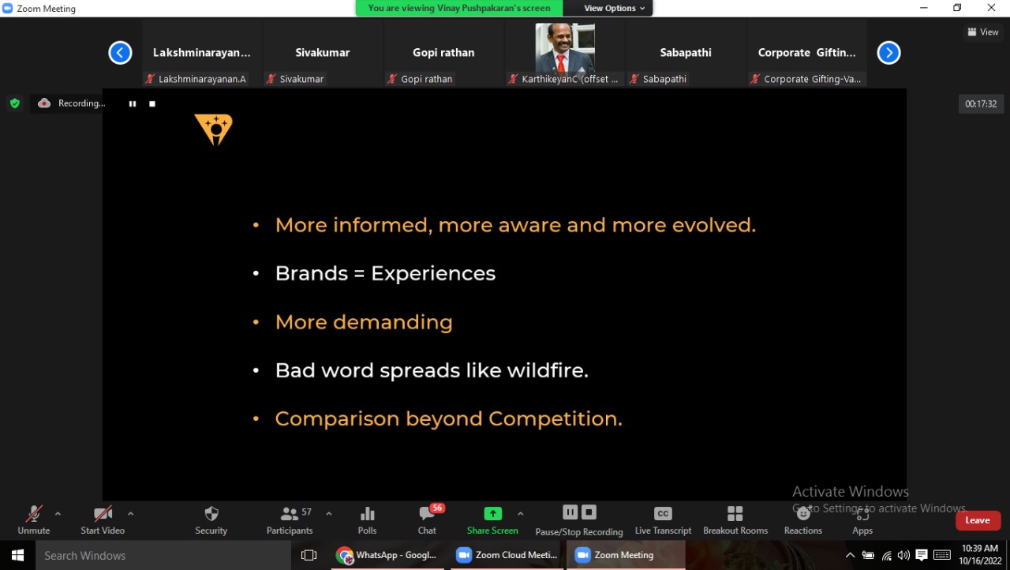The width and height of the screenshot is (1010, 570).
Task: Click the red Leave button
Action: click(x=978, y=520)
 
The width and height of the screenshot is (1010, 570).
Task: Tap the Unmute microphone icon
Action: click(x=34, y=514)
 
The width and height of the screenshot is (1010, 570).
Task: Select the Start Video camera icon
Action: click(x=103, y=514)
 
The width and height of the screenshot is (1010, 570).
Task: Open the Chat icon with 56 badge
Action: click(x=428, y=513)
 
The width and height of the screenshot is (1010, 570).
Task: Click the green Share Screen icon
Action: click(x=493, y=513)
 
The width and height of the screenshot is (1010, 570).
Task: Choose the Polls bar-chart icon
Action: click(x=368, y=514)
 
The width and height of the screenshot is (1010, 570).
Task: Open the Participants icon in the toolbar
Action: click(x=289, y=514)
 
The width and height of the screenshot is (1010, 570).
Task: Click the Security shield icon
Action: click(x=211, y=514)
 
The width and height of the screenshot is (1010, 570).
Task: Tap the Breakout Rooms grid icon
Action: click(x=735, y=514)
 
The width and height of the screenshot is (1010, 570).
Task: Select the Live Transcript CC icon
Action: click(x=663, y=514)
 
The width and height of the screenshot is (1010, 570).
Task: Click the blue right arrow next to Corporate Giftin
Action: click(x=888, y=53)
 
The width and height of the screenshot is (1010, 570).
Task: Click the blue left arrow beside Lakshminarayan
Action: click(x=120, y=53)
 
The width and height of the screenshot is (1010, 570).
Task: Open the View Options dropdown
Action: click(x=614, y=8)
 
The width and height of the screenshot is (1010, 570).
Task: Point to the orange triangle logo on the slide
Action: click(x=214, y=129)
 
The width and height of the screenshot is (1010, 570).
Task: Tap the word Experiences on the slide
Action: click(x=433, y=274)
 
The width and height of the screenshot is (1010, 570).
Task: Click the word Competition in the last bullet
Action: click(x=555, y=419)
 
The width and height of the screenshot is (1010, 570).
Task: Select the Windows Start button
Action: click(x=17, y=555)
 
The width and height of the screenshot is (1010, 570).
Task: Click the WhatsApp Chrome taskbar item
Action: click(x=387, y=555)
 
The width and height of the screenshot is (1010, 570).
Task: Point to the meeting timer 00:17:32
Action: click(x=981, y=103)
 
